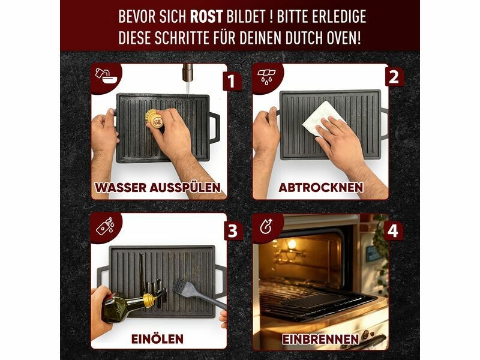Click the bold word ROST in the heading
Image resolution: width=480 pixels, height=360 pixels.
click(x=206, y=17)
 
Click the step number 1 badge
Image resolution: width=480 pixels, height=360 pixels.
click(x=231, y=81)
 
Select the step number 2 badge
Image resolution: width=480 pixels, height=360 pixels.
click(x=394, y=77)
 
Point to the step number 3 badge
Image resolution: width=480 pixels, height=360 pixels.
click(x=233, y=230)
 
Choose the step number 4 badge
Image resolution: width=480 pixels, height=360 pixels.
click(x=393, y=230)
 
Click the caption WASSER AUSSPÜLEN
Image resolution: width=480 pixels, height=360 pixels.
click(x=158, y=187)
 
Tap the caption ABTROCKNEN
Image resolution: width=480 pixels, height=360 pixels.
click(x=321, y=187)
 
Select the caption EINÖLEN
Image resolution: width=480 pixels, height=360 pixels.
click(x=158, y=339)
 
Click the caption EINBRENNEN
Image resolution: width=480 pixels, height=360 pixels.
click(x=320, y=339)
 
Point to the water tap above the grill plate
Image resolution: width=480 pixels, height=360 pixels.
click(x=187, y=73)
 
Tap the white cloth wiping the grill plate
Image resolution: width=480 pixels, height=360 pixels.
click(x=322, y=119)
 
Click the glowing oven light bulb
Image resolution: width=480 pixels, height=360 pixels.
click(x=292, y=244)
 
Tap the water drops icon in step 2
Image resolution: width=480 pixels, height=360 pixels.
click(x=266, y=76)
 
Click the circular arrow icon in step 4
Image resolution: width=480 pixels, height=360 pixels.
click(x=265, y=227)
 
